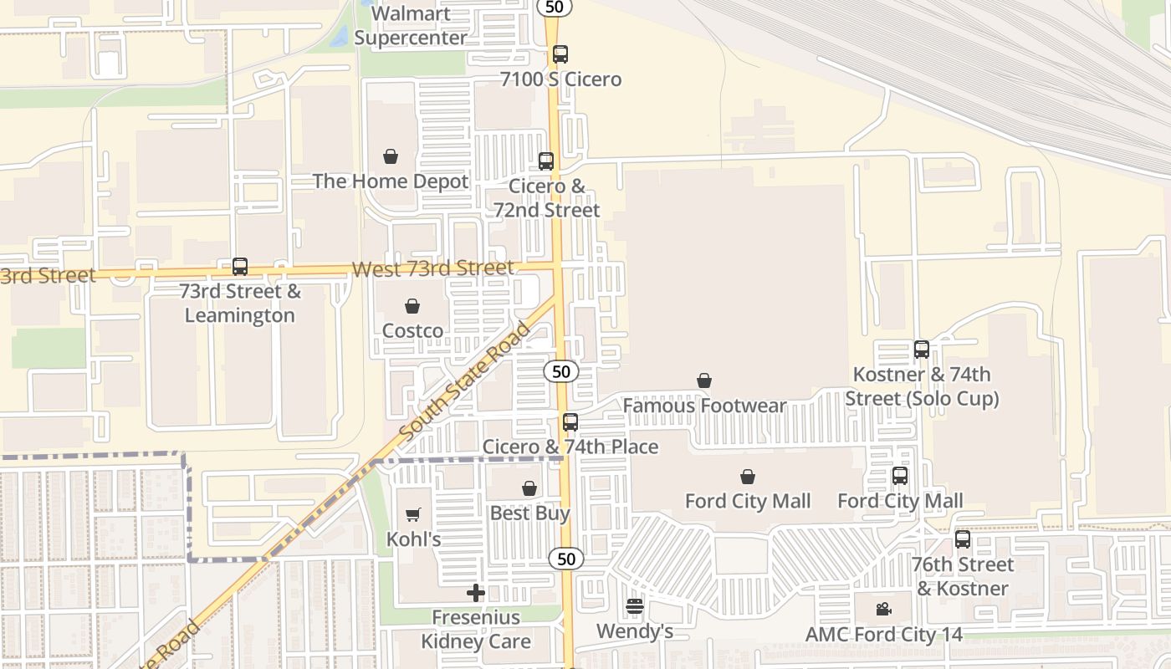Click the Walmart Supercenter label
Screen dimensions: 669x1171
tap(411, 26)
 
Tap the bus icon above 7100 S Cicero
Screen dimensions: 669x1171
tap(560, 54)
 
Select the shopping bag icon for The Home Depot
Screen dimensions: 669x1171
tap(391, 156)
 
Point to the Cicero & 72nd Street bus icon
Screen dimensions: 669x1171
tap(546, 161)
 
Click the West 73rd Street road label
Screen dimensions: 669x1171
tap(432, 268)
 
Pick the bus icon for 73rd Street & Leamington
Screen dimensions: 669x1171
tap(240, 267)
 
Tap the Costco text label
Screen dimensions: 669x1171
tap(412, 330)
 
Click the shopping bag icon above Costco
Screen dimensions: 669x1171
tap(412, 306)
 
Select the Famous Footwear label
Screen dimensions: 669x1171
tap(704, 406)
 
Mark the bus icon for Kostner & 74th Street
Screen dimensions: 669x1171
tap(922, 350)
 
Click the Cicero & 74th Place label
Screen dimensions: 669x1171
tap(570, 447)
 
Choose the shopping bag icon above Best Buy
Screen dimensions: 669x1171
tap(529, 488)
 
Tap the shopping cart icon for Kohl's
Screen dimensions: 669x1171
tap(413, 514)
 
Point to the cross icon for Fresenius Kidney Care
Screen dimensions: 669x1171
tap(476, 593)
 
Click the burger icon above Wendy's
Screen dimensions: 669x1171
tap(635, 606)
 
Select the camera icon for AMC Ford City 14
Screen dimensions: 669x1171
tap(883, 610)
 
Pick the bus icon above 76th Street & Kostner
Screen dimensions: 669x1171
tap(963, 539)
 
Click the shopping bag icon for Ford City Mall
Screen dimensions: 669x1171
tap(748, 477)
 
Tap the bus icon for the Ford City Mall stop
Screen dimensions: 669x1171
tap(900, 476)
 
